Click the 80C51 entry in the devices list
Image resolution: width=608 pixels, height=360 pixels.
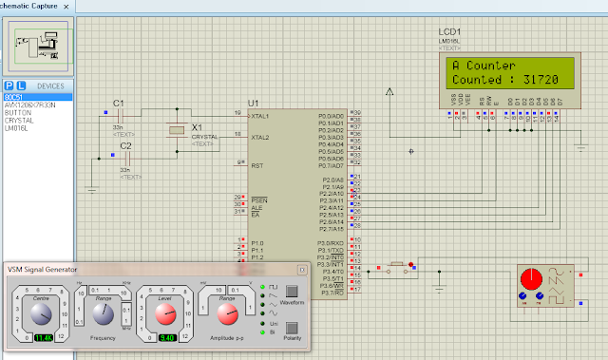pos(13,97)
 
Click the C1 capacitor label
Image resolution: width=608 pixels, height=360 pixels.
pos(118,102)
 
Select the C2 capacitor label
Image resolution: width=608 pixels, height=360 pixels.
pos(125,145)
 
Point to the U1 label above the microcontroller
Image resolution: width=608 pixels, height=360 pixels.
pos(253,102)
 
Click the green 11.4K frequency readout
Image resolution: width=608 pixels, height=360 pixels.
pos(44,337)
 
